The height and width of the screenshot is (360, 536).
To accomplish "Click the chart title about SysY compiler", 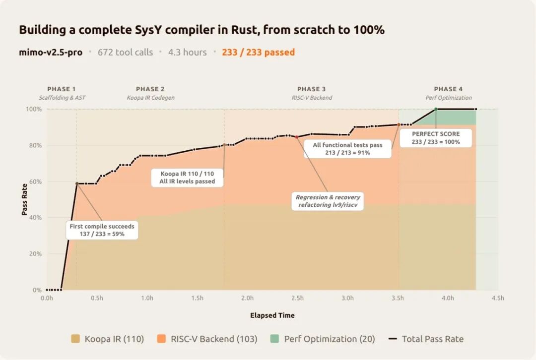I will point(201,30).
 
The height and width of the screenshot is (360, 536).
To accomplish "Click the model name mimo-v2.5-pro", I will point(51,52).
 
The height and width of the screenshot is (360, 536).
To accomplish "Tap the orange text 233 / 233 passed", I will point(258,52).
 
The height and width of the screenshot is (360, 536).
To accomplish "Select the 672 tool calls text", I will point(125,52).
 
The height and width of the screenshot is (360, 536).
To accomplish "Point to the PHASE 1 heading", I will point(62,89).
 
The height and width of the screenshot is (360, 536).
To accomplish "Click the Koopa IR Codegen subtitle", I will point(150,98).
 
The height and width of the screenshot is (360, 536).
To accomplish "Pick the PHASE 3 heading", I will point(311,89).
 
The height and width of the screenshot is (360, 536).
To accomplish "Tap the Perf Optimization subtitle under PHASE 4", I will point(449,98).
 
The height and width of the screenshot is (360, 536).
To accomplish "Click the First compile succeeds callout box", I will point(102,230).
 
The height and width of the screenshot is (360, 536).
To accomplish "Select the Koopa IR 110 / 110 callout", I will point(187,178).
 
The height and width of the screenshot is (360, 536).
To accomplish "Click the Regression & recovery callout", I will point(328,201).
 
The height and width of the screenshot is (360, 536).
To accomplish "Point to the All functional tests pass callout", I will point(347,149).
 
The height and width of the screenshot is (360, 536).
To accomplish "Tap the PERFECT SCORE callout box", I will point(436,138).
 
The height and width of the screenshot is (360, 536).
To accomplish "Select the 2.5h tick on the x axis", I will point(297,298).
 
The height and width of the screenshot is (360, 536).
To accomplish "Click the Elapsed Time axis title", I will point(272,315).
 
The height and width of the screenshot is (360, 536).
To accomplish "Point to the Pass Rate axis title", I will point(24,199).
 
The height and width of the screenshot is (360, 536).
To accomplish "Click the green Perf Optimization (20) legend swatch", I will point(274,339).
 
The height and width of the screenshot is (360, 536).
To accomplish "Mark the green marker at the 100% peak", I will point(436,109).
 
